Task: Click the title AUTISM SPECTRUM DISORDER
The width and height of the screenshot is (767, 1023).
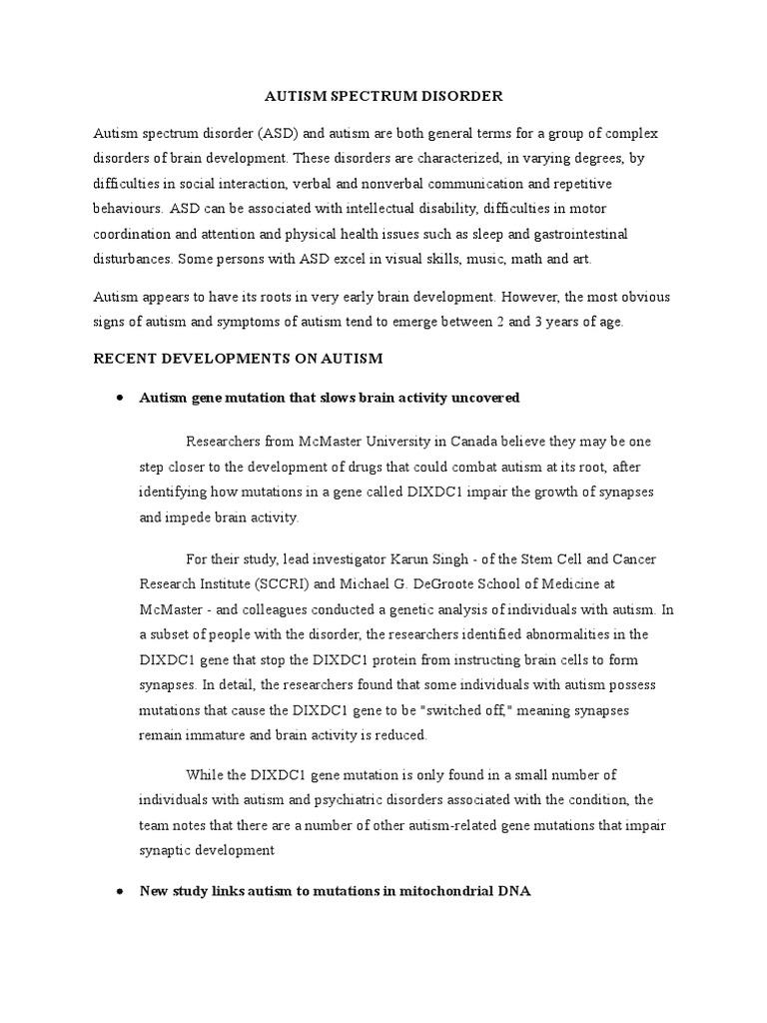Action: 383,97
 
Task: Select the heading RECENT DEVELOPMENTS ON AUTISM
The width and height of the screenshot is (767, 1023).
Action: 238,358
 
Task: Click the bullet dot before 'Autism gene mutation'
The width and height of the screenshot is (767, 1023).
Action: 119,398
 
